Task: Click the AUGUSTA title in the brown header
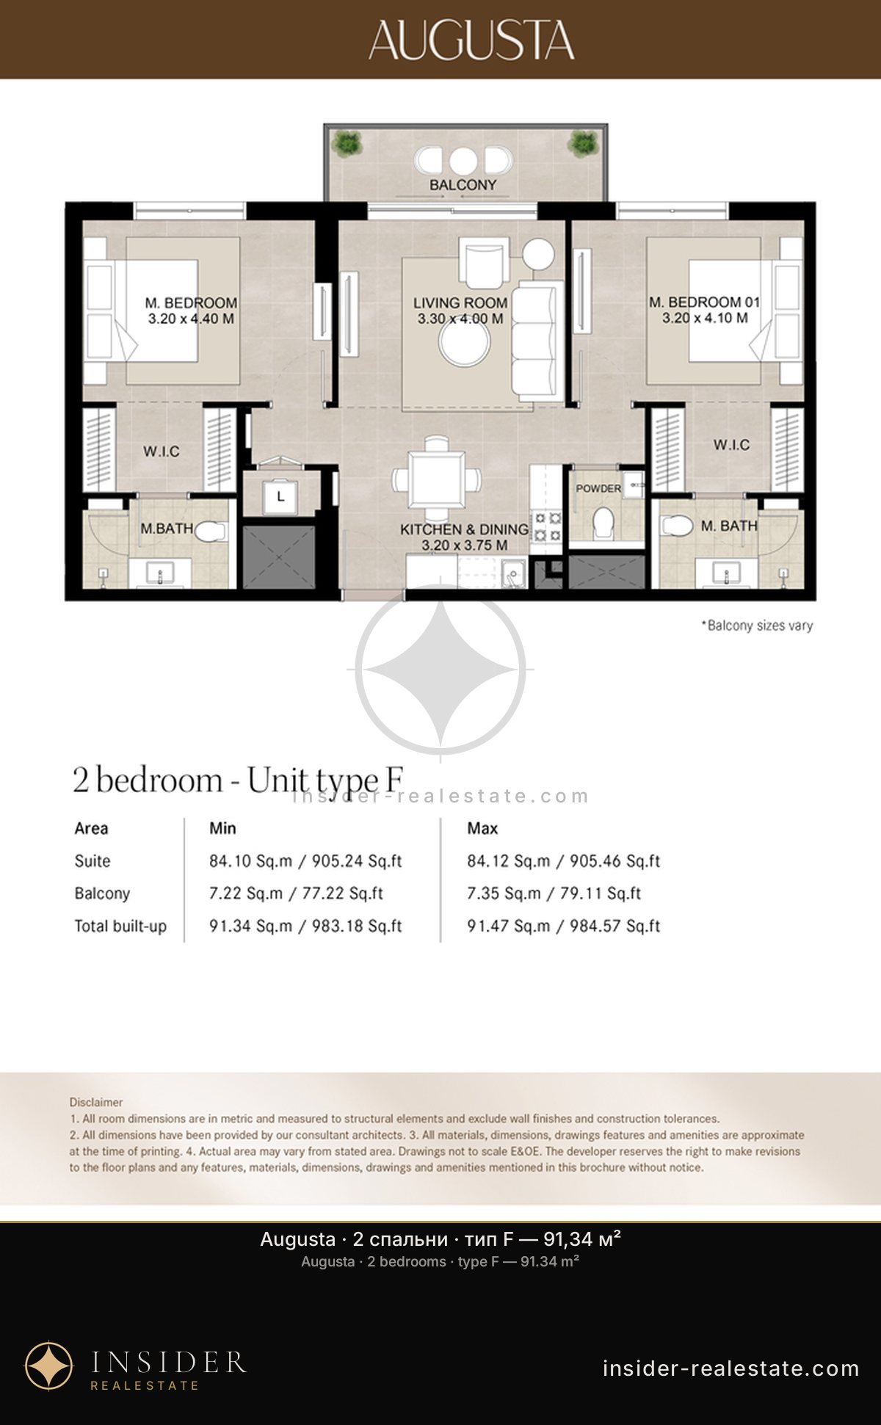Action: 471,40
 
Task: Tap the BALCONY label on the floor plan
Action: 463,185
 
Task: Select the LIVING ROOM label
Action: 460,302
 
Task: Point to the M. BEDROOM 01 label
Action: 704,302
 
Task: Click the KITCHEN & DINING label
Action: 464,529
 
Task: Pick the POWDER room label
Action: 598,488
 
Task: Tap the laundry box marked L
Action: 280,497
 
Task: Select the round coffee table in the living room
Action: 465,342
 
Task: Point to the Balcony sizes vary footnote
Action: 757,626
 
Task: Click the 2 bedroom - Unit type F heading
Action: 239,780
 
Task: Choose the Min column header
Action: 222,828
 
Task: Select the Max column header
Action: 482,828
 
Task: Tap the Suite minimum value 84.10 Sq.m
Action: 250,860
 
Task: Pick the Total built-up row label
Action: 120,927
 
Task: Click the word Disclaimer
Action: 96,1102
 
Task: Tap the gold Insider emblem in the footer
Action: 49,1366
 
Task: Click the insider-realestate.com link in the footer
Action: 730,1368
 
